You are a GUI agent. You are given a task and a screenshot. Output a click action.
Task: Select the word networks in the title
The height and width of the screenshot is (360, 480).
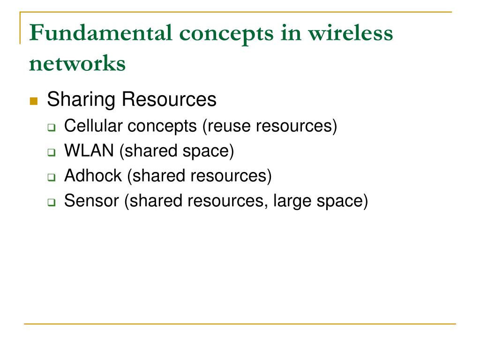77,63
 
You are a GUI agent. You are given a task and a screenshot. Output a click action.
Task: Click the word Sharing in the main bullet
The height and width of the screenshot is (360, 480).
81,100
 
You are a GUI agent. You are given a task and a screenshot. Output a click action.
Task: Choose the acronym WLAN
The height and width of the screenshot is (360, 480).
89,151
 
